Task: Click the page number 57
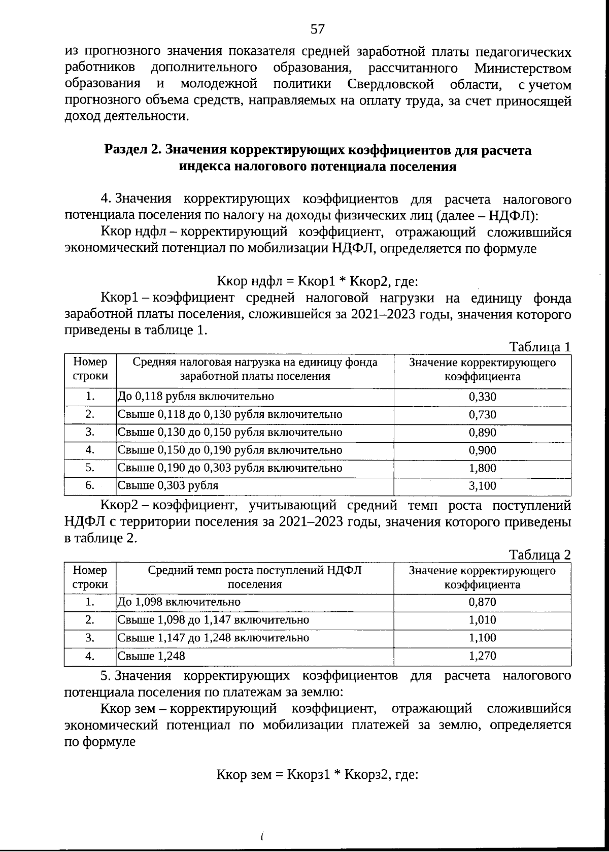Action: click(317, 29)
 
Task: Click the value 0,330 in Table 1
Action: click(482, 397)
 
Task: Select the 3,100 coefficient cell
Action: click(482, 486)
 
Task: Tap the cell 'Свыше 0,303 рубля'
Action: click(168, 485)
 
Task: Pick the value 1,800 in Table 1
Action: click(482, 468)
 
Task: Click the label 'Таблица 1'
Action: click(540, 347)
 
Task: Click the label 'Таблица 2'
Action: click(540, 555)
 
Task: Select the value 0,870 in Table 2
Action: click(482, 602)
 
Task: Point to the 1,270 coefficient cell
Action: click(482, 656)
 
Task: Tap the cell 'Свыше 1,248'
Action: click(151, 656)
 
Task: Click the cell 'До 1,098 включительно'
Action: click(179, 602)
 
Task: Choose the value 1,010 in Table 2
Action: click(482, 620)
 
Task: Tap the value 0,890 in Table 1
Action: click(482, 433)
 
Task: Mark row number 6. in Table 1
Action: click(90, 485)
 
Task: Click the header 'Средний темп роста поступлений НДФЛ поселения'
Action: click(255, 577)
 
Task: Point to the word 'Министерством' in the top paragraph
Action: click(523, 68)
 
